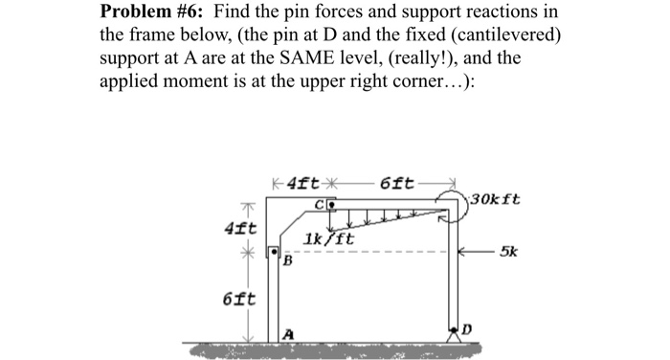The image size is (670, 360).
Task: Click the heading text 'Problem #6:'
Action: pos(158,12)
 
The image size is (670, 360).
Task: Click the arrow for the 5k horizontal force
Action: pos(479,254)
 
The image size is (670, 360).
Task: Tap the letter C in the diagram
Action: pos(322,203)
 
